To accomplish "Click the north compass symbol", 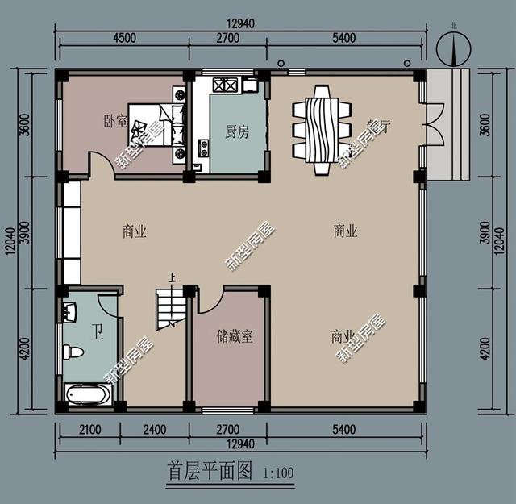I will click(x=452, y=49).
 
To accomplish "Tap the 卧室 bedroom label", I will click(x=115, y=122).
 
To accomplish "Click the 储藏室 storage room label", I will click(x=235, y=336).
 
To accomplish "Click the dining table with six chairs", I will click(x=322, y=129).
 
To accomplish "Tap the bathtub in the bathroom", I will click(x=89, y=395).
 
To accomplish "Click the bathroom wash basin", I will click(x=69, y=311).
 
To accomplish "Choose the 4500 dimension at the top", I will click(x=123, y=37).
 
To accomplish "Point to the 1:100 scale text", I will click(x=279, y=473).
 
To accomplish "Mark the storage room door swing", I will click(x=209, y=302).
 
